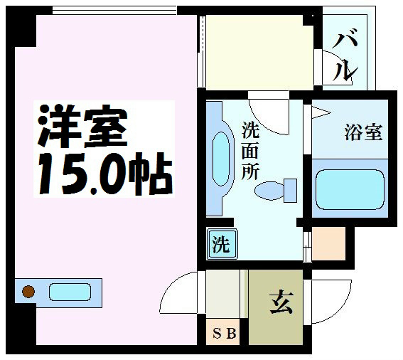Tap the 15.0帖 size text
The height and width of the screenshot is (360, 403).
coord(103,170)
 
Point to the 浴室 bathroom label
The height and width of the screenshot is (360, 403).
coord(364,132)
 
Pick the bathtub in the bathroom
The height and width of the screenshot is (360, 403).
coord(349,189)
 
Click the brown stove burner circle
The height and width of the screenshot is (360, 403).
coord(29,291)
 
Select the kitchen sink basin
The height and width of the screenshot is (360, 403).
coord(69,292)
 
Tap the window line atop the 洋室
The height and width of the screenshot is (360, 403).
coord(114,11)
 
